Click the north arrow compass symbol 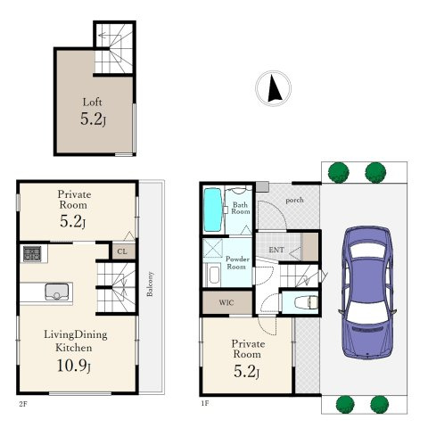coord(274,88)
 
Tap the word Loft coord(92,103)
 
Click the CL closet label coord(122,251)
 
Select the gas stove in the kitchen coord(32,254)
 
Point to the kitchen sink coord(57,292)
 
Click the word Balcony coord(150,284)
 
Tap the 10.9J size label coord(74,366)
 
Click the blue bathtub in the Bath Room coord(213,210)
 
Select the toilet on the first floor coord(306,302)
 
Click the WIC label coord(226,302)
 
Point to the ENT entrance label coord(276,250)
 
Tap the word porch coord(294,201)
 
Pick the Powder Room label coord(237,263)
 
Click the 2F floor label coord(23,404)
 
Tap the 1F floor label coord(205,403)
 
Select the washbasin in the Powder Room coord(214,275)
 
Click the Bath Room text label coord(241,208)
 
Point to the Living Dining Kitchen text coord(75,341)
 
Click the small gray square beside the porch coord(262,186)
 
